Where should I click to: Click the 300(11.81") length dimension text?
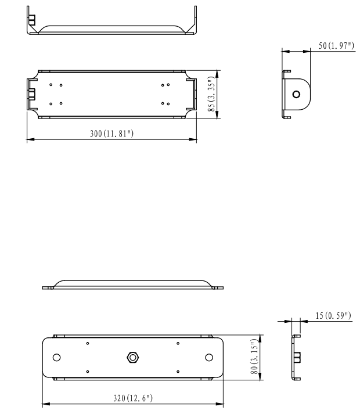pos(112,134)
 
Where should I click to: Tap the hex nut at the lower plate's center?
pos(133,357)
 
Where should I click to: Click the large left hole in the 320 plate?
pos(57,357)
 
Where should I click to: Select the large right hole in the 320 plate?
pos(209,357)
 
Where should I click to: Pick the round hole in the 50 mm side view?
pos(297,94)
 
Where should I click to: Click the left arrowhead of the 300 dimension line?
pos(30,139)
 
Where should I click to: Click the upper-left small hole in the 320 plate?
pos(87,343)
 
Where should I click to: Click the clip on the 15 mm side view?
pos(297,356)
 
